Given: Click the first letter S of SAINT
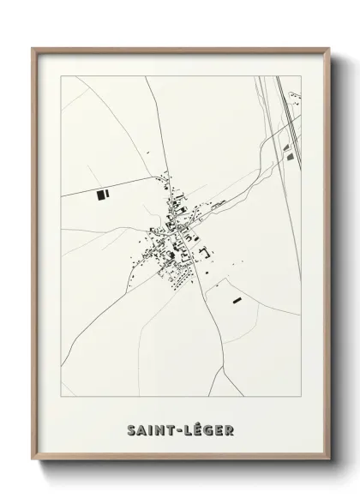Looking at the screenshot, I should pyautogui.click(x=131, y=429).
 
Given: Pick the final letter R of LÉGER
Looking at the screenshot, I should pyautogui.click(x=230, y=429).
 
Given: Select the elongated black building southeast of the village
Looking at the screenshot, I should pyautogui.click(x=237, y=300).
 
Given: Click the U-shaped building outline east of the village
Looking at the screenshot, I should pyautogui.click(x=207, y=250).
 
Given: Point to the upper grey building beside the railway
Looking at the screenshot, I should pyautogui.click(x=286, y=147).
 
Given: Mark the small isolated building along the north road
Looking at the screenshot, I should pyautogui.click(x=148, y=153).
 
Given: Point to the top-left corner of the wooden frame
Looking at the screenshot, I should pyautogui.click(x=33, y=49).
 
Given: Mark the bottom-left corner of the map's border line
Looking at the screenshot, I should pyautogui.click(x=61, y=396).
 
